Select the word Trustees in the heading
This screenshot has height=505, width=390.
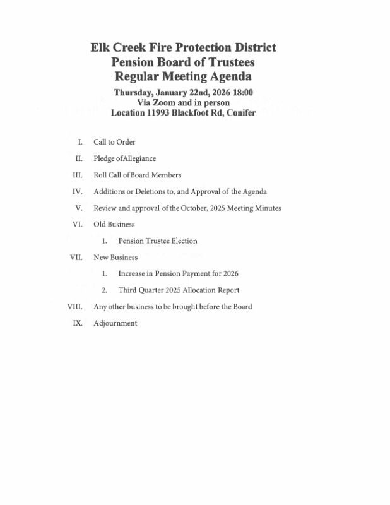click(228, 62)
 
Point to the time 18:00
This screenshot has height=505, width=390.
click(240, 92)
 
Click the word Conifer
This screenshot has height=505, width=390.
click(237, 113)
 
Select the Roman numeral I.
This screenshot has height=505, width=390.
click(80, 142)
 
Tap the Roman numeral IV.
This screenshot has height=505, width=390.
click(78, 191)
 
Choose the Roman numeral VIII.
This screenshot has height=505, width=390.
click(74, 307)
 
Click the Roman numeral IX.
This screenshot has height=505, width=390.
click(78, 323)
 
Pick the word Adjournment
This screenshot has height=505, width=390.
click(115, 323)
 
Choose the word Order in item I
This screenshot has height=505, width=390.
click(126, 142)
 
